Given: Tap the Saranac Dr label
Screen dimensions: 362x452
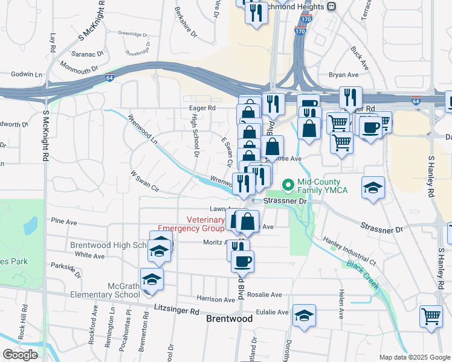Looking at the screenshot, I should [x=85, y=54].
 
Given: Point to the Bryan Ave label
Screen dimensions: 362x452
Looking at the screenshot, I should [x=344, y=75].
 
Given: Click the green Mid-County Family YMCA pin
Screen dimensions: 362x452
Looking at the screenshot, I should [x=289, y=183].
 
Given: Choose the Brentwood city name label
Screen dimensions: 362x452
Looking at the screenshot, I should [x=229, y=318].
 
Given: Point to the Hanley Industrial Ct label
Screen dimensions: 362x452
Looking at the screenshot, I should [x=349, y=251].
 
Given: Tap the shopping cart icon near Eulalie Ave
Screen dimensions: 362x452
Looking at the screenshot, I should [x=431, y=316].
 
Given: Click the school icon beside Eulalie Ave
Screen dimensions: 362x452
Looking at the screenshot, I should [x=304, y=315].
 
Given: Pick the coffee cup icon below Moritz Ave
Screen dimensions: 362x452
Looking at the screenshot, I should [x=243, y=261].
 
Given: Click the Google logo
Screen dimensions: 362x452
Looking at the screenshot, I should [x=20, y=355].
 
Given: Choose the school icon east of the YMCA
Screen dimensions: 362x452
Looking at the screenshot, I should [x=373, y=188].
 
